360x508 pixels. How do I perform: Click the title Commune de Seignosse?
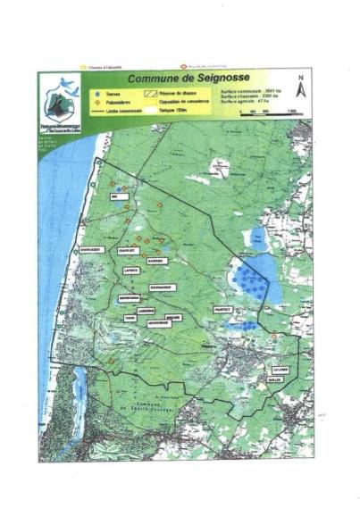(176, 79)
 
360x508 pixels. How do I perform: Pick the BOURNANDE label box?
(163, 287)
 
